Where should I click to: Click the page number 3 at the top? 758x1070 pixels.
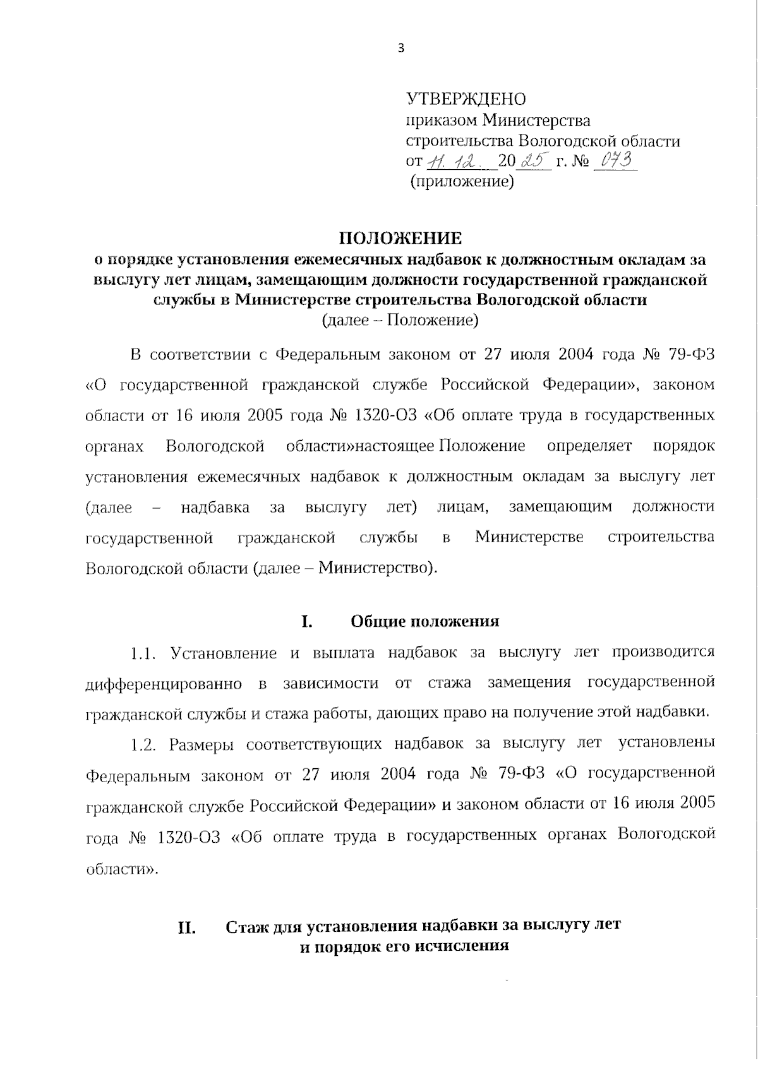coord(400,49)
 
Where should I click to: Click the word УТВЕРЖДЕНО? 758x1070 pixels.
coord(466,99)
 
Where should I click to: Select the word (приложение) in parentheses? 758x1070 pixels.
coord(462,183)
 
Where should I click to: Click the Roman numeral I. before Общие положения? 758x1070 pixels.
coord(306,621)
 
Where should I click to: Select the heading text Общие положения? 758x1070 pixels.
coord(424,621)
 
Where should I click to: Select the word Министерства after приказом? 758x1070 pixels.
coord(536,120)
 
